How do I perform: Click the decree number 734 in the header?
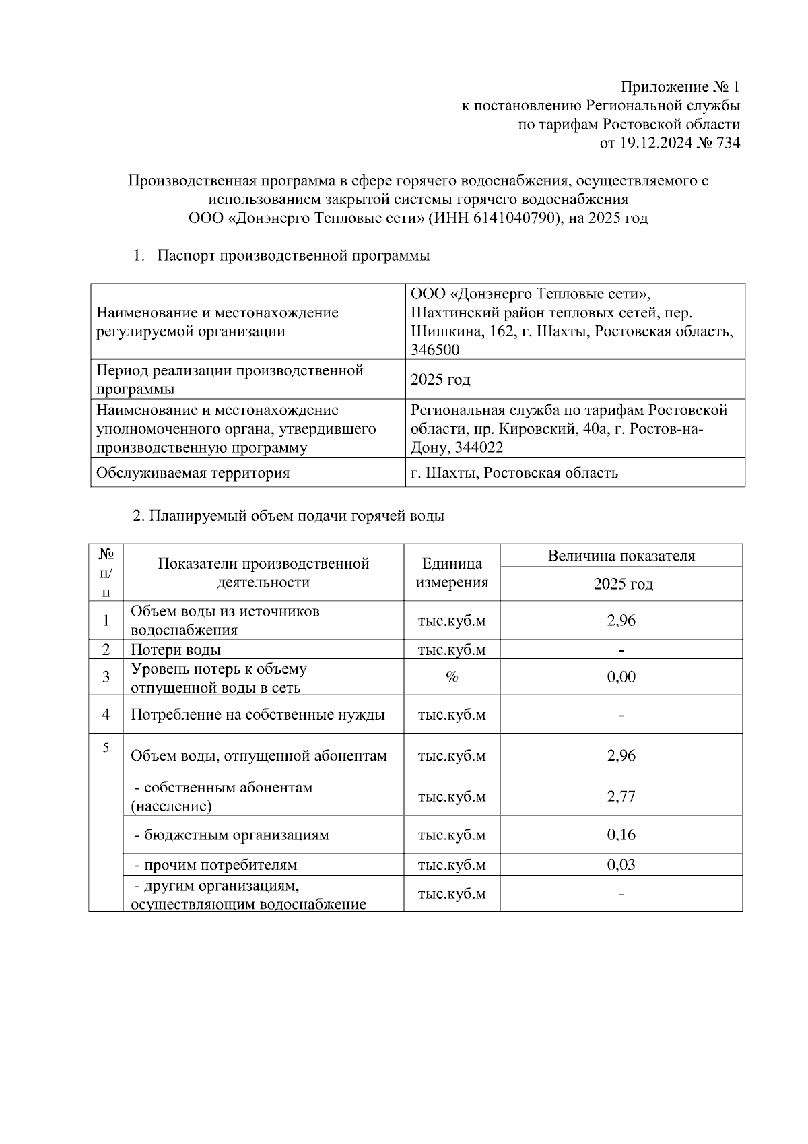pos(727,143)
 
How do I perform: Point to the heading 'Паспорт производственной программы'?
pos(293,256)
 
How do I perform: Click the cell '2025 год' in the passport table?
pos(440,380)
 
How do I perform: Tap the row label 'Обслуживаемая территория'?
pos(193,473)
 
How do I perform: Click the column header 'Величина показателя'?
pos(621,556)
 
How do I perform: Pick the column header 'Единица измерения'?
pos(452,573)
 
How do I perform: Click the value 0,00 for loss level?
pos(621,677)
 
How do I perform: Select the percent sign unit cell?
pos(452,677)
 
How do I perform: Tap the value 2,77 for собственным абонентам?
pos(621,797)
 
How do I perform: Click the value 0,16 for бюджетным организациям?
pos(621,835)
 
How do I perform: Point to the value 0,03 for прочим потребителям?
pos(621,865)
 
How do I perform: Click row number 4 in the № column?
pos(106,714)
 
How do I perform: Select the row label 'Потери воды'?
pos(176,650)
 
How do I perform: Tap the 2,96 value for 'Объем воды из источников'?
pos(621,621)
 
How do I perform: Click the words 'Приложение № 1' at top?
pos(680,87)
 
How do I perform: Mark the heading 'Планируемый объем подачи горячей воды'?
pos(288,517)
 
